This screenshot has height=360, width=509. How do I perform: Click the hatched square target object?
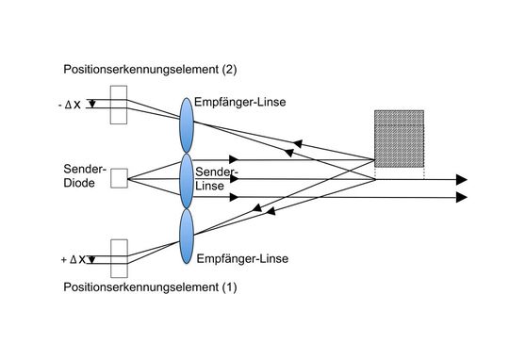pos(398,139)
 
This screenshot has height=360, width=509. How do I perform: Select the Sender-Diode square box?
pos(118,177)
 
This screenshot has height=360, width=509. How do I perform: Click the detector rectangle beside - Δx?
pos(118,105)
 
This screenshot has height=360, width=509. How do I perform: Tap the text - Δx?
pos(70,104)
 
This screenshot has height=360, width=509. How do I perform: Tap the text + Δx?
pos(71,257)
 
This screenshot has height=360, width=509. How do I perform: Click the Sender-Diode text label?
pos(84,176)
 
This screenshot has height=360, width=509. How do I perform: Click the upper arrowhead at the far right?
pos(462,178)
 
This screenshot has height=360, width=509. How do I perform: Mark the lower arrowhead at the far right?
pos(462,196)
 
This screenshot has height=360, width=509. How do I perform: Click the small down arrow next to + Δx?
pos(90,255)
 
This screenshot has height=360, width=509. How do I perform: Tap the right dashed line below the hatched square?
pos(423,172)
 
